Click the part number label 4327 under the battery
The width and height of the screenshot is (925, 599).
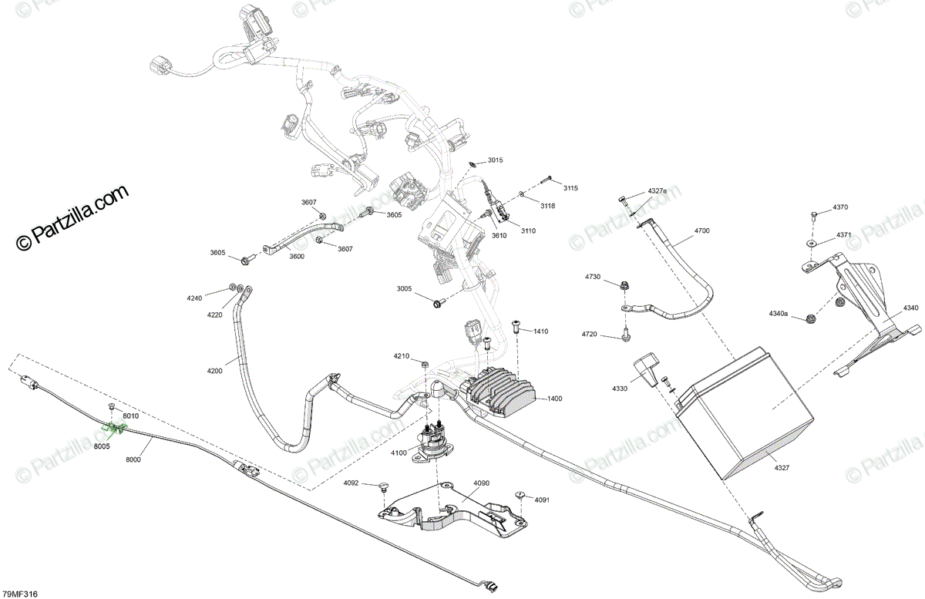click(x=781, y=467)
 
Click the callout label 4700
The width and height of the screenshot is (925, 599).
click(x=702, y=231)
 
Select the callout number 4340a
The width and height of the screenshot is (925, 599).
click(x=778, y=313)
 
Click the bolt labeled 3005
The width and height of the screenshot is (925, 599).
click(x=439, y=303)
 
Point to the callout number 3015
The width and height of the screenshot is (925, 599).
click(x=495, y=160)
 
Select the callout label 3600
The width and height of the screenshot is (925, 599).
click(x=296, y=256)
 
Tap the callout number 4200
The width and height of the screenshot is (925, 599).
click(x=214, y=372)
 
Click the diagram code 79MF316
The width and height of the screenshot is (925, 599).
click(x=20, y=594)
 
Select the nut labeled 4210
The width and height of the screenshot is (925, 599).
click(x=425, y=363)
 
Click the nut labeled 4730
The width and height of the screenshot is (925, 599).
click(x=623, y=286)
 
